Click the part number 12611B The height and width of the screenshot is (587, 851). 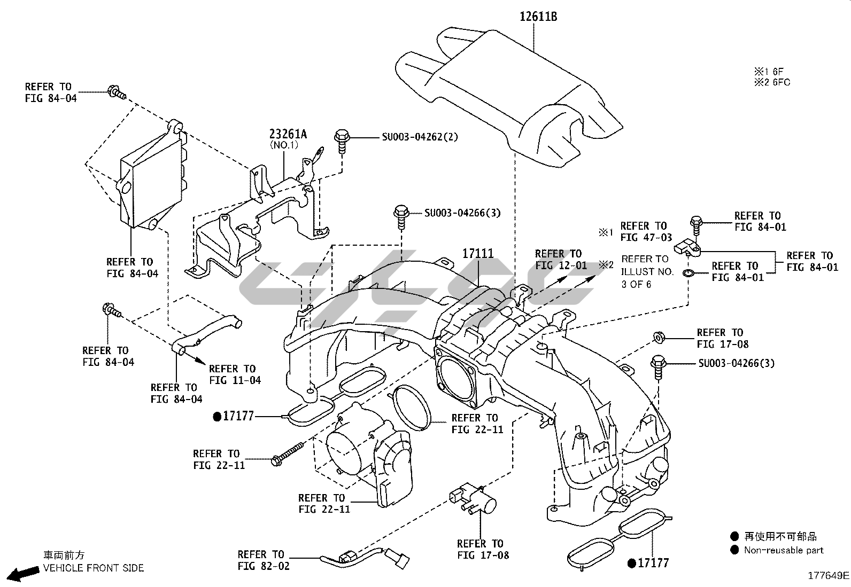point(538,17)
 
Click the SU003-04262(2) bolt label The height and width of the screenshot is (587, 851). point(420,137)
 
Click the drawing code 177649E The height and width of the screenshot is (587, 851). point(828,575)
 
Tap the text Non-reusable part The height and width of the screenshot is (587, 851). point(783,550)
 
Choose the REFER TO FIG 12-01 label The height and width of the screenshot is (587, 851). point(560,260)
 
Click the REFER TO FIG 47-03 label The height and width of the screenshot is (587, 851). point(646,231)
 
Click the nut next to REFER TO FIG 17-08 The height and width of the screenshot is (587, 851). point(659,338)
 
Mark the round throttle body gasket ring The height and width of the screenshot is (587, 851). point(412,407)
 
